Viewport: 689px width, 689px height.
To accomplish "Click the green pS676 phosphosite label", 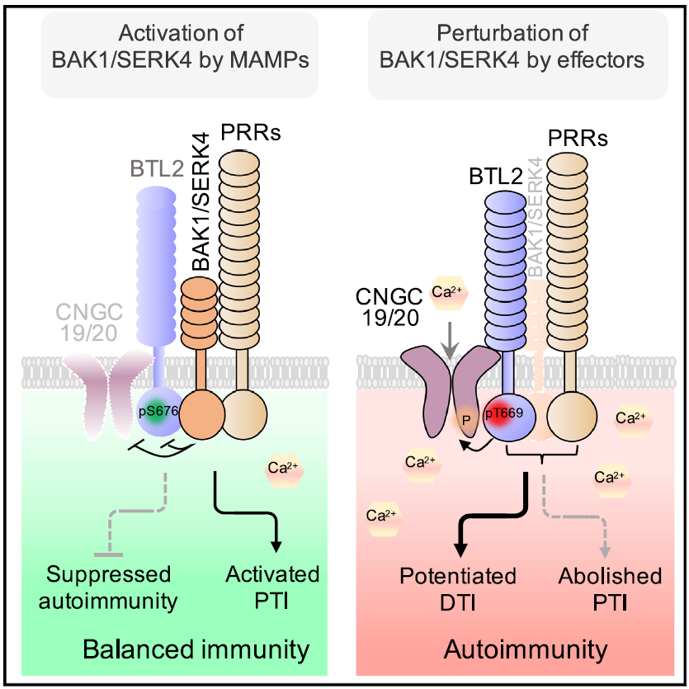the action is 158,411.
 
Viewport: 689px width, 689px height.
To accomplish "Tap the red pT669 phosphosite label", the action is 504,413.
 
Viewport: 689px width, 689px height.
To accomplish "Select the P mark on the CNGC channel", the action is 466,421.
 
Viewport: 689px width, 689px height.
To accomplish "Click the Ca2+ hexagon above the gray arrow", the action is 447,292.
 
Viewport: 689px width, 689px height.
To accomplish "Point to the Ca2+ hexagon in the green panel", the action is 284,469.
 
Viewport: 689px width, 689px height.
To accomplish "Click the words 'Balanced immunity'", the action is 196,649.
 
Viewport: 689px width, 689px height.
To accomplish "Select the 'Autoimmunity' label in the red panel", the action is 526,649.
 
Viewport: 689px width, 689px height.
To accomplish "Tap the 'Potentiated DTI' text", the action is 458,589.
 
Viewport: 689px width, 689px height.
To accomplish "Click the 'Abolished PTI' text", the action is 610,589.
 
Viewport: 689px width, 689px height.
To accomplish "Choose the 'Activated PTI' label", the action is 272,587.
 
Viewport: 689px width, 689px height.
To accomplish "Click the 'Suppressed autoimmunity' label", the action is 108,587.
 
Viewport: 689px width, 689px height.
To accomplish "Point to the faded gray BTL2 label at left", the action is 157,169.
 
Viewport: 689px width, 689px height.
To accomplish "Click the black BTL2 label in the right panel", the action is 496,177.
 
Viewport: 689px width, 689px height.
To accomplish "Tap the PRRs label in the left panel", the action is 251,132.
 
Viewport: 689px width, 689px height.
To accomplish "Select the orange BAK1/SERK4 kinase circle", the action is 202,414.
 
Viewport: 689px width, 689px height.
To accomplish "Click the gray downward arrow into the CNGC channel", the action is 450,340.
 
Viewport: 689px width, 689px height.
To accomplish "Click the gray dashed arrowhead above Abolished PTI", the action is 605,552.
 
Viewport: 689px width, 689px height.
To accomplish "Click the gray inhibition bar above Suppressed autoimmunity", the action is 109,555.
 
